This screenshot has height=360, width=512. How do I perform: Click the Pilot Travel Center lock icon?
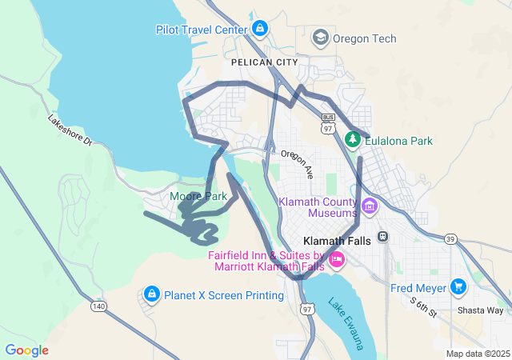tap(259, 30)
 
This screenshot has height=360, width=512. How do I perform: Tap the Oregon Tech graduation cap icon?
tap(321, 38)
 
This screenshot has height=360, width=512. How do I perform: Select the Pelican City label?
tap(264, 62)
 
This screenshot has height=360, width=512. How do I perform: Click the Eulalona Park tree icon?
tap(353, 140)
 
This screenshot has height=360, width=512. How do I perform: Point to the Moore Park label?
tap(198, 196)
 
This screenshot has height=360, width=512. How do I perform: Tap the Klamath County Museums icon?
tap(369, 206)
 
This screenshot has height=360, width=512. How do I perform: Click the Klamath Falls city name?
tap(337, 240)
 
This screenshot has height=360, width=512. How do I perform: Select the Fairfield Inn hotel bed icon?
tap(337, 259)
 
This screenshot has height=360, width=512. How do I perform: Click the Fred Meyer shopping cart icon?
tap(458, 286)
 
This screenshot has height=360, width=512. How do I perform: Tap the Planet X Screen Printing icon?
tap(150, 295)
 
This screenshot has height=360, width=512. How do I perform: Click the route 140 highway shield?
tap(98, 306)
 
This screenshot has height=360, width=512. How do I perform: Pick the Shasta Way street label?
tap(480, 310)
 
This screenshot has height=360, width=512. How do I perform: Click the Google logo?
tap(26, 350)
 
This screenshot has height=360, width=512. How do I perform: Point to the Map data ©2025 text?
tap(478, 354)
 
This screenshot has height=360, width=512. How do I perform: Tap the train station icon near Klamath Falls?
tap(383, 237)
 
